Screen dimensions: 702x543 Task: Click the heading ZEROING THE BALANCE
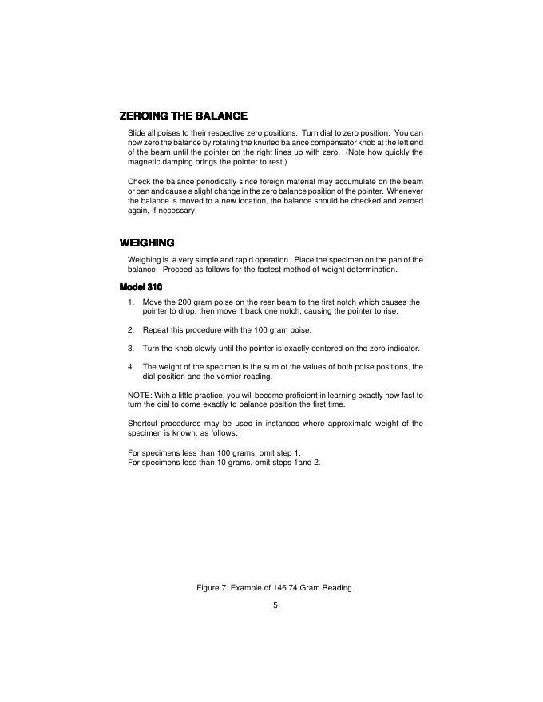pyautogui.click(x=183, y=116)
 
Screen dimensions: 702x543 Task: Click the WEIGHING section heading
pyautogui.click(x=147, y=243)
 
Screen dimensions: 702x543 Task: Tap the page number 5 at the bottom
pyautogui.click(x=275, y=605)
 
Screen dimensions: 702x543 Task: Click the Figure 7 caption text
pyautogui.click(x=275, y=588)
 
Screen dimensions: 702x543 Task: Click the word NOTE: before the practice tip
pyautogui.click(x=140, y=396)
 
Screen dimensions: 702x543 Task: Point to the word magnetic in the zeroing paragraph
pyautogui.click(x=145, y=161)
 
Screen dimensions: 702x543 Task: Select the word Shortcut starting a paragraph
pyautogui.click(x=144, y=423)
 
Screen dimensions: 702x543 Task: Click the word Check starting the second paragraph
pyautogui.click(x=139, y=182)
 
